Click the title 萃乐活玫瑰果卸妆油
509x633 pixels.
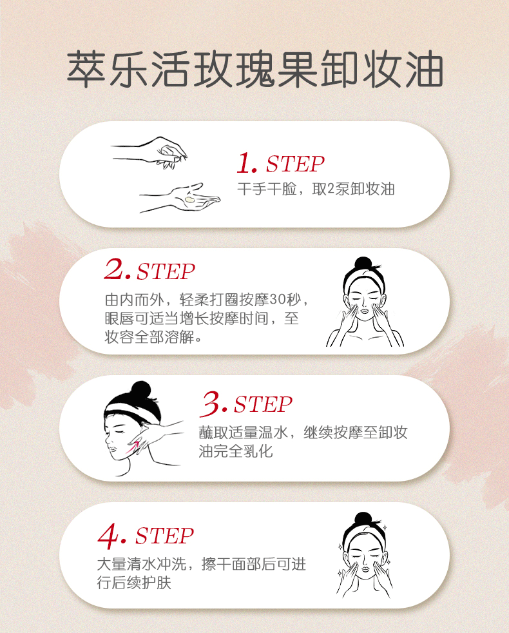tap(255, 68)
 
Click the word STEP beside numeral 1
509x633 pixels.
tap(295, 164)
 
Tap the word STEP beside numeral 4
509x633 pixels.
tap(165, 536)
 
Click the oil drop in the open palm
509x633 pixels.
tap(189, 199)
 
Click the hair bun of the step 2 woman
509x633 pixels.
tap(363, 263)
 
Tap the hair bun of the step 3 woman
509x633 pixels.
tap(141, 391)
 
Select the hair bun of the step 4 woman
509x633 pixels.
tap(363, 518)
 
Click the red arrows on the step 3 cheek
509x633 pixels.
tap(133, 447)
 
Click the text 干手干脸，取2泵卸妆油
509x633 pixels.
tap(316, 189)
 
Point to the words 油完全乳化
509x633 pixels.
tap(236, 451)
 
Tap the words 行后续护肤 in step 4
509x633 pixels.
tap(134, 583)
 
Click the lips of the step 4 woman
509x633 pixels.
tap(365, 569)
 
